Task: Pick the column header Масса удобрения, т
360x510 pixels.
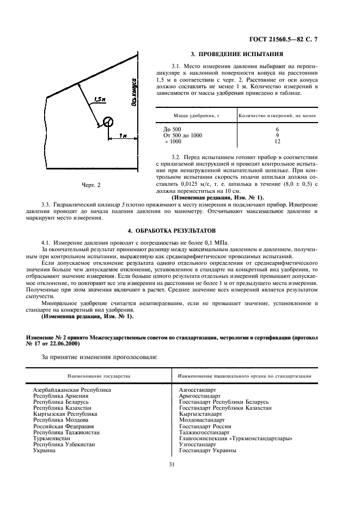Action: click(x=196, y=116)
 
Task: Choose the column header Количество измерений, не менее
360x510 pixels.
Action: click(x=278, y=116)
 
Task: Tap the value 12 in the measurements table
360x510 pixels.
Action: click(x=278, y=141)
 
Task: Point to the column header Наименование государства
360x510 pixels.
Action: click(x=99, y=376)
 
